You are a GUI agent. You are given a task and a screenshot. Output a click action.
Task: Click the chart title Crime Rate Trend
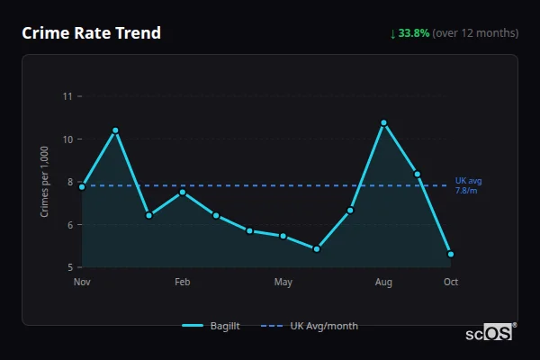coord(91,33)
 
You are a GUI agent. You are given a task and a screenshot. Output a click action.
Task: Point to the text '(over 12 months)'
coord(475,33)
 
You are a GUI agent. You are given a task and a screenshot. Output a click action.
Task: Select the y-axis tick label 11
coord(67,96)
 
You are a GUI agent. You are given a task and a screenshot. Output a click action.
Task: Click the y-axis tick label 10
coord(67,139)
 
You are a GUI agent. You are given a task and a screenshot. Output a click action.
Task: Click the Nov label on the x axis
coord(82,283)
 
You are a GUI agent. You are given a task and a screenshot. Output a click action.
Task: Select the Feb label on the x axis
coord(183,283)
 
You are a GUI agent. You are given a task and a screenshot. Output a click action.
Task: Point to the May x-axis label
coord(283,283)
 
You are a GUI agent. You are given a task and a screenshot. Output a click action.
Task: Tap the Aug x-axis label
coord(383,283)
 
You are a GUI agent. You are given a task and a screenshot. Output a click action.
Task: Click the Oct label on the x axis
coord(451,283)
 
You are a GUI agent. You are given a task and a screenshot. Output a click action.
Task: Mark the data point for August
coord(383,122)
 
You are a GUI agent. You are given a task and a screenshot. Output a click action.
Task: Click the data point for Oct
coord(451,254)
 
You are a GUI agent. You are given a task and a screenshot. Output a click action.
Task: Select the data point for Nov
coord(82,186)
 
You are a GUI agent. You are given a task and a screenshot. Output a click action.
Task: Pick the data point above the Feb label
coord(183,192)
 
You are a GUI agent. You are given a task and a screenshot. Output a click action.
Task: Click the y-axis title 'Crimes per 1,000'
coord(45,183)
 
